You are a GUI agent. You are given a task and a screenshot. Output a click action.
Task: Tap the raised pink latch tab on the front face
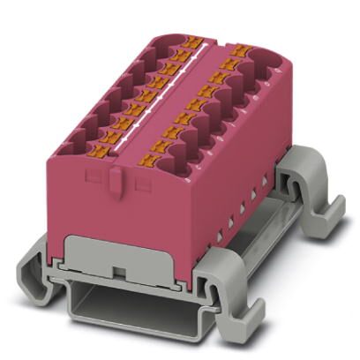point(117,183)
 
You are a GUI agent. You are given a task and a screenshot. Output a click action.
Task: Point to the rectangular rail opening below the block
point(132,304)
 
